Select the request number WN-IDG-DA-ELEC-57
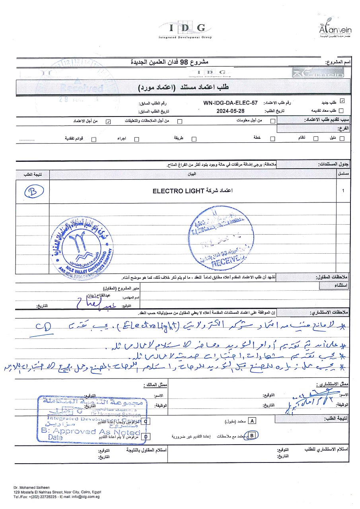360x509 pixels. tap(230, 103)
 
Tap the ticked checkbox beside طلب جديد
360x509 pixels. tap(342, 102)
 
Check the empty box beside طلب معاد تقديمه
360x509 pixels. tap(341, 111)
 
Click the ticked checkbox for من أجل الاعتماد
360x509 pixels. tap(108, 121)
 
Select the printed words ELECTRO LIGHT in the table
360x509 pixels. tap(178, 191)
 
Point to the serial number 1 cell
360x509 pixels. tap(343, 191)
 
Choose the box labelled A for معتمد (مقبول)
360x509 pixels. tap(252, 420)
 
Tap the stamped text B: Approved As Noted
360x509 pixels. tap(91, 431)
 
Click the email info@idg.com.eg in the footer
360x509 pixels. tap(85, 497)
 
